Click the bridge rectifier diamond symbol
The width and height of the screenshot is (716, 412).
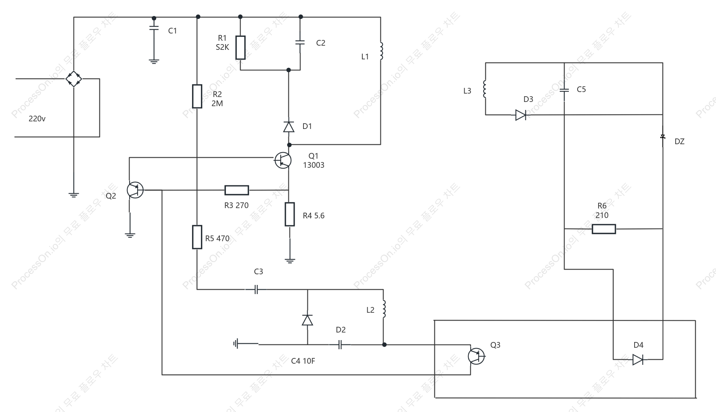point(74,79)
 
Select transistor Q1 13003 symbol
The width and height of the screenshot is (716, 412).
point(283,161)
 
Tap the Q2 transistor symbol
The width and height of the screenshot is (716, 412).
point(135,190)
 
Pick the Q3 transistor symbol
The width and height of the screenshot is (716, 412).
point(476,356)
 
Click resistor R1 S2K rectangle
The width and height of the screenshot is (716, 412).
point(240,48)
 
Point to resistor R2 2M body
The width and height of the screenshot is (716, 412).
point(197,96)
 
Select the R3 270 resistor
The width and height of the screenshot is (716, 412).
point(237,190)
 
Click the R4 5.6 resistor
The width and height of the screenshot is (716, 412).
point(290,214)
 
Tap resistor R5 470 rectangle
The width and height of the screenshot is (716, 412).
point(197,237)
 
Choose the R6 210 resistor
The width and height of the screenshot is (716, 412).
point(604,229)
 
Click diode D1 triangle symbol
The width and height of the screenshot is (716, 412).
point(289,127)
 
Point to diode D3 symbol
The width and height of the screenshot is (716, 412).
point(521,115)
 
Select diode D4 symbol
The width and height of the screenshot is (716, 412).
point(638,360)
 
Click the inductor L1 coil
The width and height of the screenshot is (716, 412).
point(381,51)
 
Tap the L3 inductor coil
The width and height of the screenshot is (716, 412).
point(485,89)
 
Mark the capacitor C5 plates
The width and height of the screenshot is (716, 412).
point(564,91)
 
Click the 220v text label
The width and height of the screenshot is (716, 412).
point(37,119)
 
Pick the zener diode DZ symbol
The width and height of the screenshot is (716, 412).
point(663,137)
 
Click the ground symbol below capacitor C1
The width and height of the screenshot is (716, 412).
point(154,61)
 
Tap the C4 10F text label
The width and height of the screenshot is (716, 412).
point(303,361)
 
